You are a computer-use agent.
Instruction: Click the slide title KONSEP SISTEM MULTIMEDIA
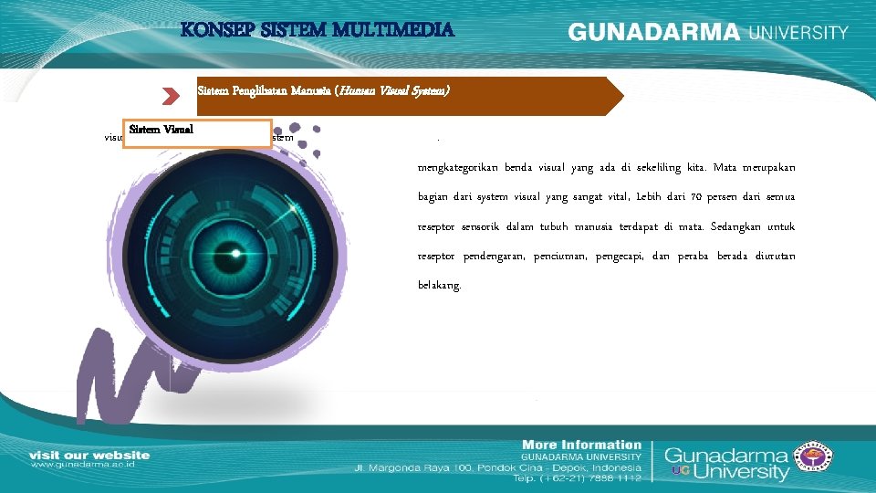(317, 29)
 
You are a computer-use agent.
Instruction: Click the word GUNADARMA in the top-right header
(654, 32)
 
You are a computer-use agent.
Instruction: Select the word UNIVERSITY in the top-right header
(798, 32)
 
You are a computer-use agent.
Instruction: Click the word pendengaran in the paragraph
(493, 256)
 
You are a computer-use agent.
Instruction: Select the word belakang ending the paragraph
(439, 285)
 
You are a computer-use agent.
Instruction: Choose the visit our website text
(89, 455)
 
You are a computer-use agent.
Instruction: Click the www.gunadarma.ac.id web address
(89, 466)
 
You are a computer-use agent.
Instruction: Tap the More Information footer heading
(581, 445)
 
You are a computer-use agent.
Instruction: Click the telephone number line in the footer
(576, 477)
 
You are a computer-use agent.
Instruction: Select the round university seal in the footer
(815, 461)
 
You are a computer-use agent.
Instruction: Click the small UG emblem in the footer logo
(679, 471)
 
